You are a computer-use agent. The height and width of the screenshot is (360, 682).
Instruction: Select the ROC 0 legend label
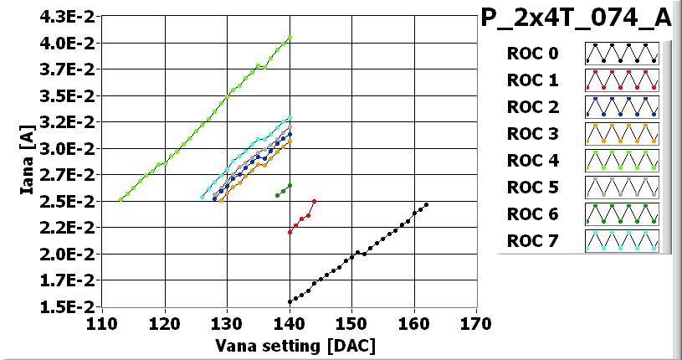point(532,54)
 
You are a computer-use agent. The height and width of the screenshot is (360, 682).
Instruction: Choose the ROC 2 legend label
point(532,107)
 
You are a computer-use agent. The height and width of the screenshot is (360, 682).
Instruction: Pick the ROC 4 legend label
point(532,161)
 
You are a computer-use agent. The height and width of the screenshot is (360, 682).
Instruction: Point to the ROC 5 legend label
point(532,188)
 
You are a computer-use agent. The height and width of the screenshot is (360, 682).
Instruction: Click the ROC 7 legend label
point(532,241)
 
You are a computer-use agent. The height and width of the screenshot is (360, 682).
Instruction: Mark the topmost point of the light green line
point(290,37)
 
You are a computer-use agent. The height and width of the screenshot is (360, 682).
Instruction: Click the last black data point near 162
point(427,204)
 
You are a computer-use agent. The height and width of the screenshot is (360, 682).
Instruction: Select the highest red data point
point(315,201)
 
